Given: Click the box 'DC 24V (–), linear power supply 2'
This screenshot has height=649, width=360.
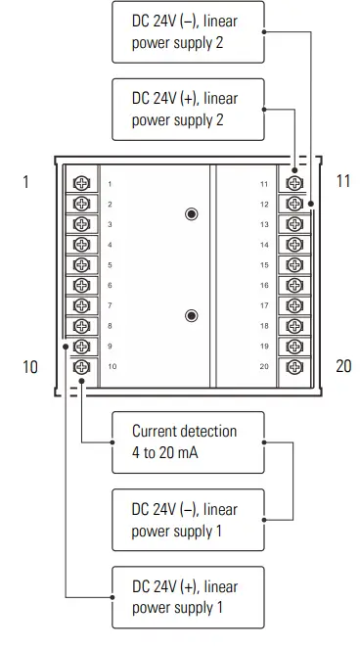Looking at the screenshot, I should point(188,30).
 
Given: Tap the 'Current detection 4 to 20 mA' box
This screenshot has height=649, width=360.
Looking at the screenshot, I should point(188,441).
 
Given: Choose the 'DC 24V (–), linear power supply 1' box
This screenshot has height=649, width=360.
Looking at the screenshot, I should point(188,520).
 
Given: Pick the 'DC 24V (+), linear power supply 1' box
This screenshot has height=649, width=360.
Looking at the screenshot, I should point(188,597).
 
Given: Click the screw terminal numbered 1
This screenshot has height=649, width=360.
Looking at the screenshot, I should point(82,184).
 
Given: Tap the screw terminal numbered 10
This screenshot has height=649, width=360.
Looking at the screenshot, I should point(82,366).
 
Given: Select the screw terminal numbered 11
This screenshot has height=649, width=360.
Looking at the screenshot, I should point(292,184).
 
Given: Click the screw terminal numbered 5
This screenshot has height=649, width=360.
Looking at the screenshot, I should point(82,265).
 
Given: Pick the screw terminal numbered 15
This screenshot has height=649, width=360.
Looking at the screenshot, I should point(292,265).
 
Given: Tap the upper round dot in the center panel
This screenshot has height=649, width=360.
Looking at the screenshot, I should point(192,213).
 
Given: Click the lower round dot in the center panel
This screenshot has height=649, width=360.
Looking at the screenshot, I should point(192,315).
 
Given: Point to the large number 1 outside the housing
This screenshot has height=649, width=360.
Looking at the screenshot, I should point(26,182).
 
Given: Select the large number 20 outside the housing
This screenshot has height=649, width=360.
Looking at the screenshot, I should point(342,366).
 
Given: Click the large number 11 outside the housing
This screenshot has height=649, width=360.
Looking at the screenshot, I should point(342,182).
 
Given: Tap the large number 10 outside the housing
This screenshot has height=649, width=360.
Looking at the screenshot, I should point(30,366).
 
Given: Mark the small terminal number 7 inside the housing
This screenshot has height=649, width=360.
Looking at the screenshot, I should point(110,305).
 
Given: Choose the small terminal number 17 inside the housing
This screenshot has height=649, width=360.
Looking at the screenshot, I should point(263,305).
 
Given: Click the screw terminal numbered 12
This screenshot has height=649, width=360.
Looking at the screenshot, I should point(292,205).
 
